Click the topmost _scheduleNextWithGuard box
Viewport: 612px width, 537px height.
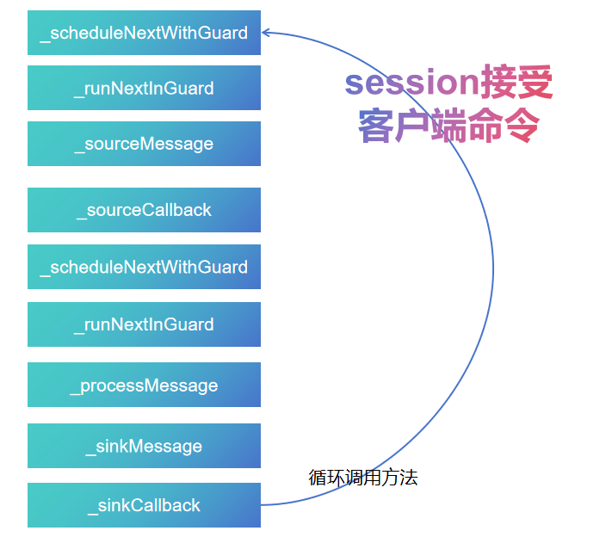144,33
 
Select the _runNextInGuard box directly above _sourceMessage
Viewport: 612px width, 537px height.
144,88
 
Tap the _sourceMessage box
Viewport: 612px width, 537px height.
144,144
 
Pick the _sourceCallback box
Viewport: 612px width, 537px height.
144,210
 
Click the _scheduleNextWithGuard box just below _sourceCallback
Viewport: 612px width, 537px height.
144,267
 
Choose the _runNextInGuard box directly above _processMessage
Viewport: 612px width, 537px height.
144,324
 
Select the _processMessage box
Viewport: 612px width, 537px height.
144,385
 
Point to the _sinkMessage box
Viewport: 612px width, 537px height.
144,446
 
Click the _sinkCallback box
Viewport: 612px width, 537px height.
144,505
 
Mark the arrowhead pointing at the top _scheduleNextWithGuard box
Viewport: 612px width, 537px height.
266,33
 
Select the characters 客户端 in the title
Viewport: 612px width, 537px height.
411,127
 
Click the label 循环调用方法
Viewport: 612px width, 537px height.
362,478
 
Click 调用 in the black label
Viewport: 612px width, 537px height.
362,478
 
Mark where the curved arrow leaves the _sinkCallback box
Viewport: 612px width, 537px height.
262,504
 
